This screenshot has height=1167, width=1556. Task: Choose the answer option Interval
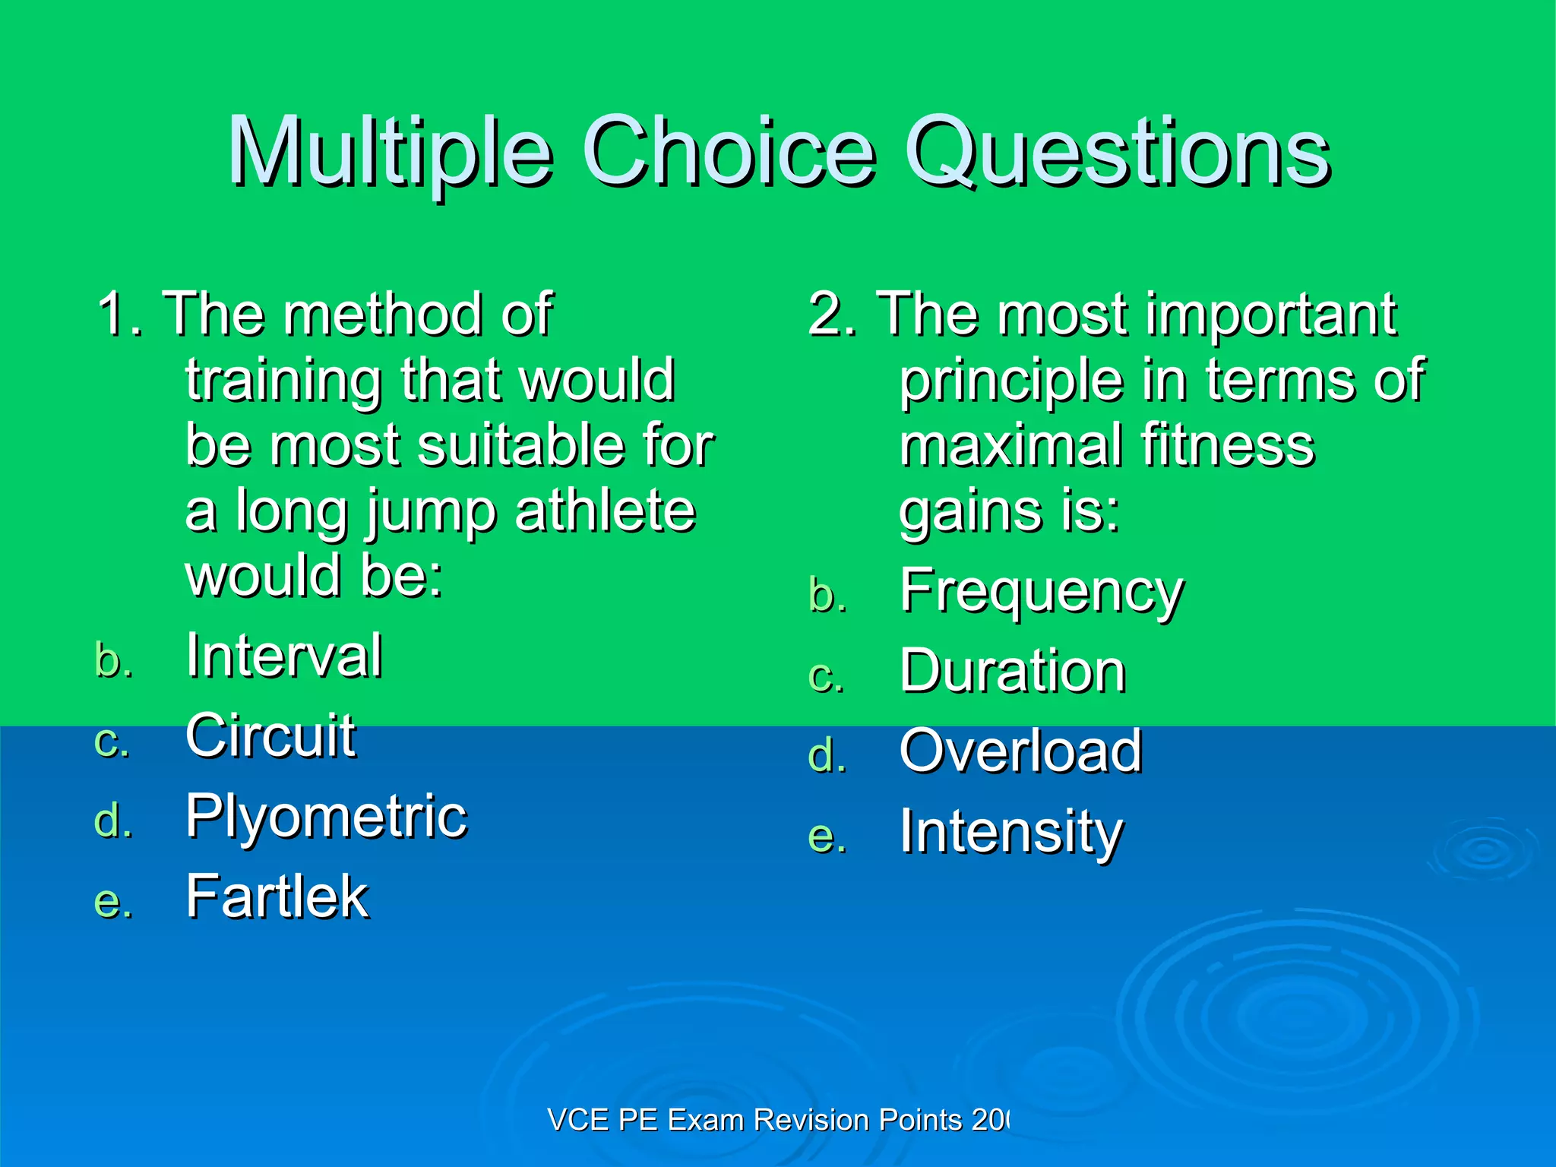tap(284, 655)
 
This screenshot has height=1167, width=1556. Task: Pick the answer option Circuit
tap(270, 735)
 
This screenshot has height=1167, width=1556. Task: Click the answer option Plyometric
tap(327, 816)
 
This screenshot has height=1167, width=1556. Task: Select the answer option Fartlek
tap(277, 897)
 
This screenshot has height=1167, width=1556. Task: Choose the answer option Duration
tap(1012, 672)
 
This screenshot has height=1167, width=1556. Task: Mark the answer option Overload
tap(1020, 751)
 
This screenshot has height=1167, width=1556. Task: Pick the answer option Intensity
tap(1010, 833)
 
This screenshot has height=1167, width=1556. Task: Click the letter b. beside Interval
tap(114, 659)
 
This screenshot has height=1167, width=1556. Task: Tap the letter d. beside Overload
tap(827, 756)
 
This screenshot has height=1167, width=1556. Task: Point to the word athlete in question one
tap(605, 511)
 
